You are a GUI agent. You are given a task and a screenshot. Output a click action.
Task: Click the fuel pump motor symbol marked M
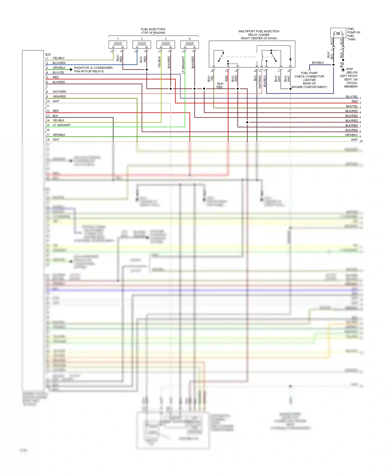click(338, 34)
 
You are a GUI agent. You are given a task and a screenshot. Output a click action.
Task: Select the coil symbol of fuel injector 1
click(118, 45)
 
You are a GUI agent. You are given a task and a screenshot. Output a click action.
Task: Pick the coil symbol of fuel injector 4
click(190, 45)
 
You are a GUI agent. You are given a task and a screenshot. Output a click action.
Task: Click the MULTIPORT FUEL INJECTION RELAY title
click(259, 35)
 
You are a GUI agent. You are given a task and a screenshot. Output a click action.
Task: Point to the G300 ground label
click(349, 69)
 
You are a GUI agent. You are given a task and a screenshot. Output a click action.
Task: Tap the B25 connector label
click(48, 55)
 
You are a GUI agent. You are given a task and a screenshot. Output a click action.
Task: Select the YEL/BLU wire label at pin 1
click(59, 58)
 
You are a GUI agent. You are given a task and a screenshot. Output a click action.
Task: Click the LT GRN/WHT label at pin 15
click(62, 125)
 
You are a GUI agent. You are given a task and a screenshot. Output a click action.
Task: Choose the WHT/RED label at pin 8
click(59, 91)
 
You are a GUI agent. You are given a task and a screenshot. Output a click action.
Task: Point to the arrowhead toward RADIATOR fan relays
click(71, 69)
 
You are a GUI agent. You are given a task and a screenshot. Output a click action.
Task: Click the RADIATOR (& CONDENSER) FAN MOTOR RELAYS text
click(93, 69)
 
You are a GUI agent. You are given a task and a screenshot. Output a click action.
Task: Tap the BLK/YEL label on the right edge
click(352, 106)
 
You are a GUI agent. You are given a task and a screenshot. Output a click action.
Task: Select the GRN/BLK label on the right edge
click(351, 135)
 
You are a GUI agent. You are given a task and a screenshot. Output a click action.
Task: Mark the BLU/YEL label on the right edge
click(352, 96)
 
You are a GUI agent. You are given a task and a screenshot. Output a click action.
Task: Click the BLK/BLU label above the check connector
click(318, 63)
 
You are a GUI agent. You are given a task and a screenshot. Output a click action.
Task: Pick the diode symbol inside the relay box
click(290, 59)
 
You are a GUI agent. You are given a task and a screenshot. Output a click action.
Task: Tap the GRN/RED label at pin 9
click(59, 96)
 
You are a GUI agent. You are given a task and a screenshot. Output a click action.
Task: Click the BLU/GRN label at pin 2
click(59, 63)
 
